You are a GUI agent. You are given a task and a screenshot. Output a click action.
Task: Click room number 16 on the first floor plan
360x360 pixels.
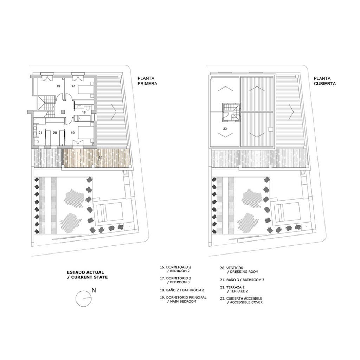tap(58, 86)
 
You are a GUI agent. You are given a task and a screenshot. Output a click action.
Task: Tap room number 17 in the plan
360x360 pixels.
tap(73, 86)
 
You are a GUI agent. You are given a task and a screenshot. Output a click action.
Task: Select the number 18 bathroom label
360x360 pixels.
tap(84, 112)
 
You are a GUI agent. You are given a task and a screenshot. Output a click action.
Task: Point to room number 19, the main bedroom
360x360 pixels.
tap(72, 133)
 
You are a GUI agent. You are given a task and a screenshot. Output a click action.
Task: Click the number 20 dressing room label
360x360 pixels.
tap(55, 133)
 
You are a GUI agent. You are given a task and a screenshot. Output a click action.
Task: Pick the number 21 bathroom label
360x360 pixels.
tap(40, 133)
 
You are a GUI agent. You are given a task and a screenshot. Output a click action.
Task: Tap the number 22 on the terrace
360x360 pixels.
tap(100, 158)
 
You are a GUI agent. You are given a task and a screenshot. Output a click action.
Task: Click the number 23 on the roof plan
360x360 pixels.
tap(225, 129)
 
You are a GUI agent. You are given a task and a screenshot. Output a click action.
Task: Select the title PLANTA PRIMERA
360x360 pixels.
tap(147, 81)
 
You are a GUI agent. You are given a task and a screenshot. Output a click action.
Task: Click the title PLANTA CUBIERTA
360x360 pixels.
tap(324, 81)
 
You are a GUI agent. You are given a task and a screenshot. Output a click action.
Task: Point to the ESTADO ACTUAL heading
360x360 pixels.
tap(85, 272)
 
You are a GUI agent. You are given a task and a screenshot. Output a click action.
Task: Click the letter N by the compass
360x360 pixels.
tap(94, 290)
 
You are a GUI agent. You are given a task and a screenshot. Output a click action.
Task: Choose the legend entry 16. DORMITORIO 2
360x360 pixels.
tap(176, 269)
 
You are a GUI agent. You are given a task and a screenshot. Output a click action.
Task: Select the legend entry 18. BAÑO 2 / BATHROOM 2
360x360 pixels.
tap(182, 290)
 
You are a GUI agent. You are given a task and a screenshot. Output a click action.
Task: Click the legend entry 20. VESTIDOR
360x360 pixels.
tap(239, 270)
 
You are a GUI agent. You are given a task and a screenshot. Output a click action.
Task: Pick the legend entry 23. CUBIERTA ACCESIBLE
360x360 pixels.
tap(241, 300)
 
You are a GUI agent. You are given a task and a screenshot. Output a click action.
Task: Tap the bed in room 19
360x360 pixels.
tap(86, 133)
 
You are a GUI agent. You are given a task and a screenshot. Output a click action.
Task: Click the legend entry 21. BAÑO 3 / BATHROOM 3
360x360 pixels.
tap(242, 280)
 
